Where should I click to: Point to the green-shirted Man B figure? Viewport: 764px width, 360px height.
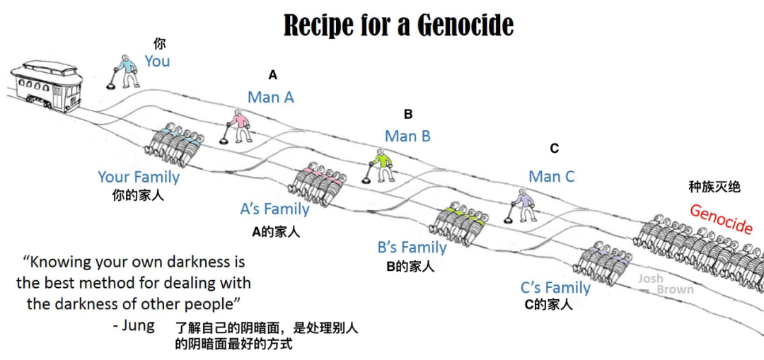click(x=382, y=166)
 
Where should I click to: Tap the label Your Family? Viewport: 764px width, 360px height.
click(x=139, y=177)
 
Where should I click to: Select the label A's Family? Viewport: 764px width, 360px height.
click(x=274, y=209)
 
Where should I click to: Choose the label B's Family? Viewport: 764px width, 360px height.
click(x=412, y=248)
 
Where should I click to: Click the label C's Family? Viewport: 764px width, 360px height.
click(x=555, y=287)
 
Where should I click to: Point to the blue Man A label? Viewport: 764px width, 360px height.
click(x=270, y=98)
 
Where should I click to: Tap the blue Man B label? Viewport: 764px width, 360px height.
click(x=407, y=136)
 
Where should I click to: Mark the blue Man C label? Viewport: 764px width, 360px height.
click(x=552, y=176)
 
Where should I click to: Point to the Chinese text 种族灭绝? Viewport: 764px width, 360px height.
click(x=714, y=187)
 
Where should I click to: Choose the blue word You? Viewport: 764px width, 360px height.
click(x=157, y=62)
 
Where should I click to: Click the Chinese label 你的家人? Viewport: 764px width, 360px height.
click(x=138, y=194)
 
